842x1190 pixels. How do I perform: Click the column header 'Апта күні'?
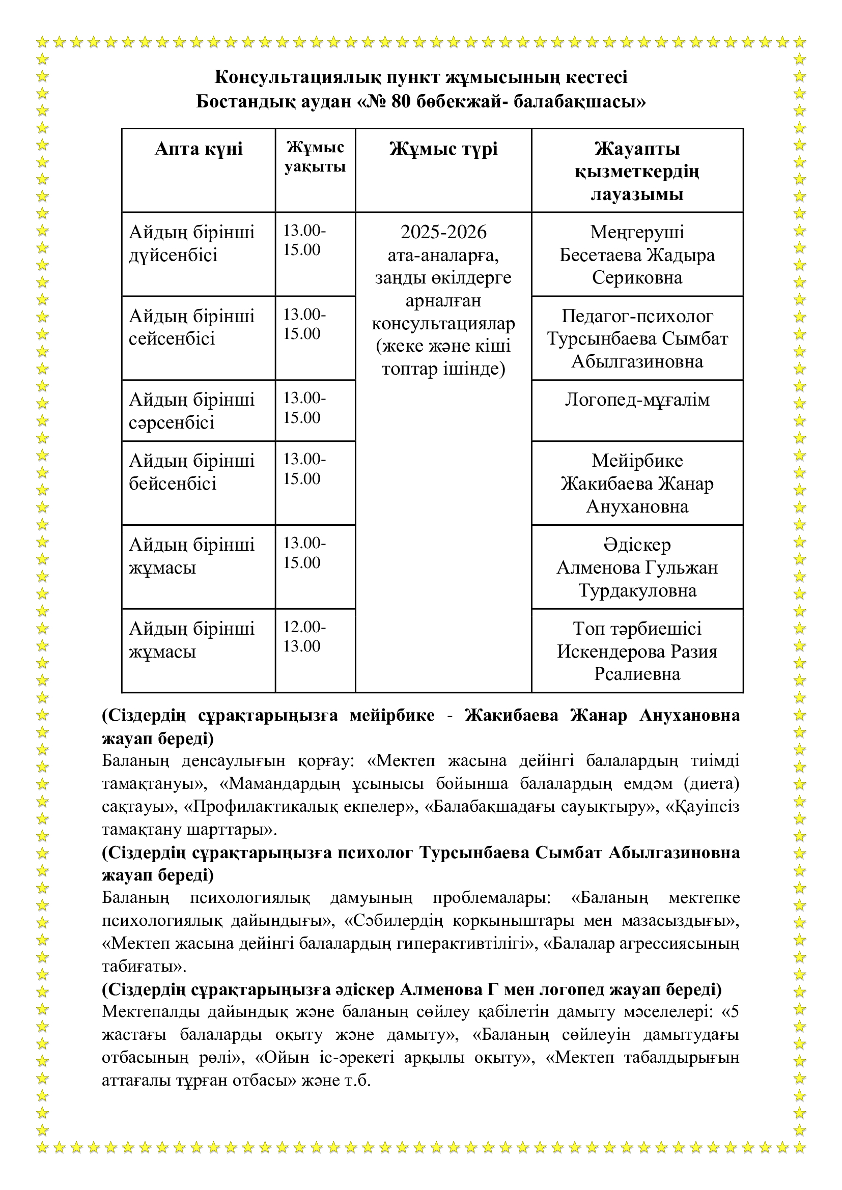click(199, 149)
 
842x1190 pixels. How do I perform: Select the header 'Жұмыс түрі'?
click(443, 149)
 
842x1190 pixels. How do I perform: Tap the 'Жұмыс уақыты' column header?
click(315, 157)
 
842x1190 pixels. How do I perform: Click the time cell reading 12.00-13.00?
click(304, 636)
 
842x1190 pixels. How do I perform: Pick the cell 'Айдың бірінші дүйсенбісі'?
click(191, 244)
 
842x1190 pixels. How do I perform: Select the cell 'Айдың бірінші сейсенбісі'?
click(191, 328)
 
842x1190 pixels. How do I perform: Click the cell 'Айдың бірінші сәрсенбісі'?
click(191, 411)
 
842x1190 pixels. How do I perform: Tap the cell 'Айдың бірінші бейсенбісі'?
click(191, 472)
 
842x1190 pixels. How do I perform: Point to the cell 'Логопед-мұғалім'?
click(637, 400)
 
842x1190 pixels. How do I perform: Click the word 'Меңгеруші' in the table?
click(637, 232)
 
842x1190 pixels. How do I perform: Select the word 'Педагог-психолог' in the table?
click(637, 316)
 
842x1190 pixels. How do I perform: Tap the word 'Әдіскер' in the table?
click(637, 545)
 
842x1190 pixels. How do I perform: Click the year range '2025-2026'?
click(443, 232)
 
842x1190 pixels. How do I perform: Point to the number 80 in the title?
click(401, 102)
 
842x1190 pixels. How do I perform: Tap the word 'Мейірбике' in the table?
click(637, 461)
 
